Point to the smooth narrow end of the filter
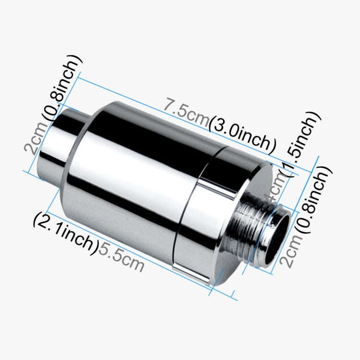pyautogui.click(x=58, y=149)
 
